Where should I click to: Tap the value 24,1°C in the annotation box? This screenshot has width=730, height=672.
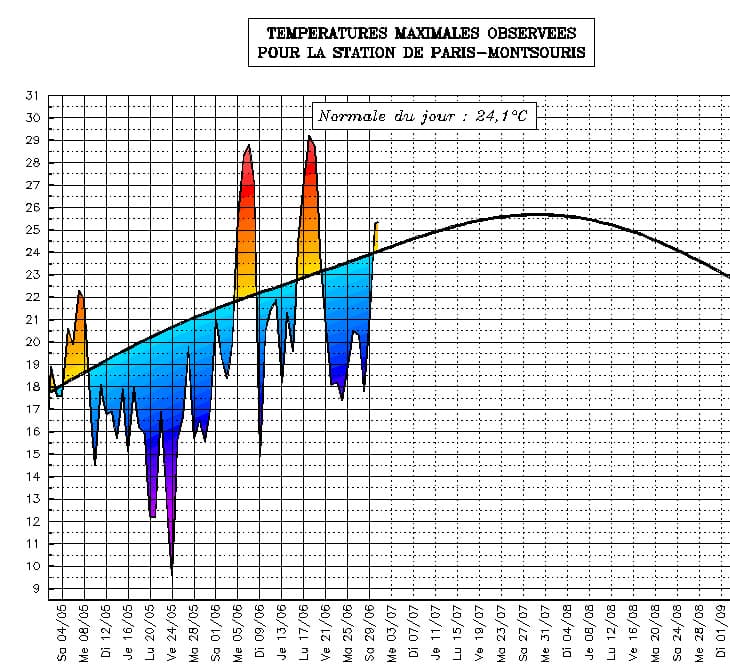click(502, 117)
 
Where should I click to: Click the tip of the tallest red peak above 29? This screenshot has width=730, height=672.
click(309, 136)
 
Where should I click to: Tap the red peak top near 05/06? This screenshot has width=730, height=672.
click(248, 146)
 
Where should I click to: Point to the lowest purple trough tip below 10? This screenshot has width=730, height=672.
click(172, 575)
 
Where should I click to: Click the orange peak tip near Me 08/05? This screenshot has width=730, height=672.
click(79, 291)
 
